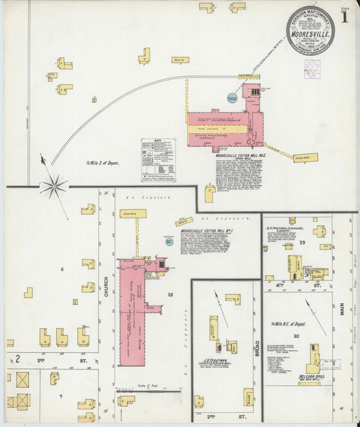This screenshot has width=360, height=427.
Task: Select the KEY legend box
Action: pyautogui.click(x=158, y=160)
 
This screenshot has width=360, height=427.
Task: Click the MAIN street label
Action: pyautogui.click(x=343, y=309)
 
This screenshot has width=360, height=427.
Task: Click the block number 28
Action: pyautogui.click(x=171, y=295)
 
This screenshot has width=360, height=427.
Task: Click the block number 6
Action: pyautogui.click(x=61, y=270)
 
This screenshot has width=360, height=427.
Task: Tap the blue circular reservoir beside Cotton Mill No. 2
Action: pyautogui.click(x=232, y=98)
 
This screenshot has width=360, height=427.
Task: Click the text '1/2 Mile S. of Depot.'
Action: pyautogui.click(x=101, y=163)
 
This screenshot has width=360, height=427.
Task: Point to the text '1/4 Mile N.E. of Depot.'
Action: pyautogui.click(x=288, y=324)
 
